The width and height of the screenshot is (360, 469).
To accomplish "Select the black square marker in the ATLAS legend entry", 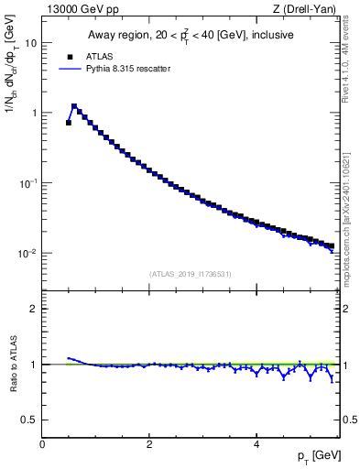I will pyautogui.click(x=70, y=55).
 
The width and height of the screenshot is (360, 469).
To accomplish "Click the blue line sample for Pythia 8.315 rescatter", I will pyautogui.click(x=70, y=68).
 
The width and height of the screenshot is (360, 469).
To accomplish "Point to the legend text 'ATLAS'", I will pyautogui.click(x=98, y=55).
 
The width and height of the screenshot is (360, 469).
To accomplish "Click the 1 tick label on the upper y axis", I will pyautogui.click(x=34, y=113).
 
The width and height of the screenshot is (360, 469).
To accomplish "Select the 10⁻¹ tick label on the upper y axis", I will pyautogui.click(x=29, y=182).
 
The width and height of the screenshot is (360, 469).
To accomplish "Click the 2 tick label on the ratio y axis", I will pyautogui.click(x=34, y=309).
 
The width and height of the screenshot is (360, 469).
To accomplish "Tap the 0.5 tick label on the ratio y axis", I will pyautogui.click(x=30, y=420).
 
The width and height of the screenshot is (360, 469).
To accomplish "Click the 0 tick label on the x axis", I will pyautogui.click(x=42, y=444).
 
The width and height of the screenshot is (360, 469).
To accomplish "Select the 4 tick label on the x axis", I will pyautogui.click(x=256, y=444).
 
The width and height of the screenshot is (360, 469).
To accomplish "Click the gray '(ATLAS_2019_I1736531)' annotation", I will pyautogui.click(x=191, y=274).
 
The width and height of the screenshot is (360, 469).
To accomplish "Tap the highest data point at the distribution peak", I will pyautogui.click(x=74, y=106).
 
